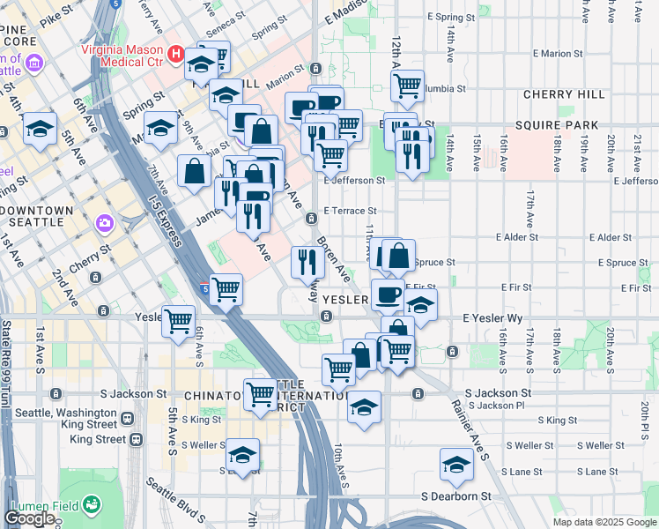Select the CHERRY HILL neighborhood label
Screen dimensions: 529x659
564,94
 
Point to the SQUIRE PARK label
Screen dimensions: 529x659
570,126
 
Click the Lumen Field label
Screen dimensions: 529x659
40,505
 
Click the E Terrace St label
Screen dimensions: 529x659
350,211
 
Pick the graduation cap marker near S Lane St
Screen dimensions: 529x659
456,464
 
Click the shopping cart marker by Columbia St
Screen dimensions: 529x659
406,86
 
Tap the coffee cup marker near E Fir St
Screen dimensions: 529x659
388,294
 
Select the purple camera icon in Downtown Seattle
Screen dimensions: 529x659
105,223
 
